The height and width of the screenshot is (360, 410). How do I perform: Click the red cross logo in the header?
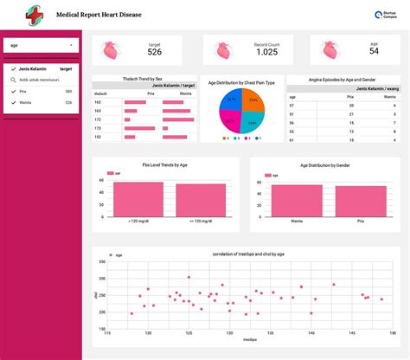(x=34, y=15)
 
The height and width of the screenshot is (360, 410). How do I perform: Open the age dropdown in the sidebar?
(x=42, y=45)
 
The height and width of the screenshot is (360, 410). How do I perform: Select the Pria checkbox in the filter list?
(x=13, y=90)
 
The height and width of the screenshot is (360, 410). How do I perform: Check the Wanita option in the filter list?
(x=13, y=102)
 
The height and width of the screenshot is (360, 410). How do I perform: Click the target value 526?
(x=154, y=53)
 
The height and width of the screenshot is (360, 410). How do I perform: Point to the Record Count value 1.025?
(x=267, y=52)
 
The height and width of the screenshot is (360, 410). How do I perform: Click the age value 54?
(x=374, y=52)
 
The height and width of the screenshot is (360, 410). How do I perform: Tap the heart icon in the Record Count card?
(x=222, y=50)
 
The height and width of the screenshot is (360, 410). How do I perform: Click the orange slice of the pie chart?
(x=251, y=102)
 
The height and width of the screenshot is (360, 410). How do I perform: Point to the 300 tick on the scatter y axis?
(x=99, y=280)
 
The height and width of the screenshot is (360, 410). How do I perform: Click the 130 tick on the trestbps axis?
(x=228, y=333)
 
